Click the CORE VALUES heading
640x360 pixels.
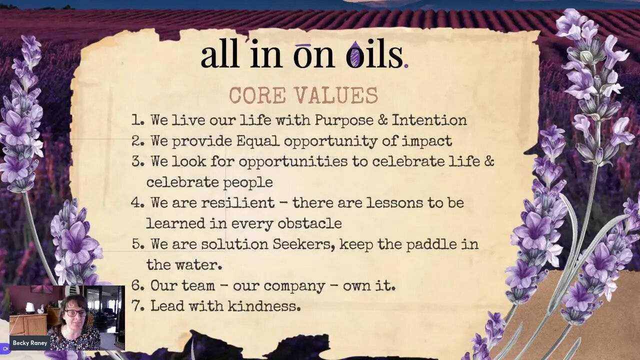(303, 95)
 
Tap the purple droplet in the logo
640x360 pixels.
(354, 55)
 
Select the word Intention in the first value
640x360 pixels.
(429, 120)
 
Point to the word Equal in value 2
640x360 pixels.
(258, 141)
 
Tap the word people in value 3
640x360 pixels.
(249, 182)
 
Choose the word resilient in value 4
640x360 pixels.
(237, 203)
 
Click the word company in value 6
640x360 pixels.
(294, 286)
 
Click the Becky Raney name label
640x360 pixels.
(30, 343)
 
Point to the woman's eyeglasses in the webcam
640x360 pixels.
(75, 313)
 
